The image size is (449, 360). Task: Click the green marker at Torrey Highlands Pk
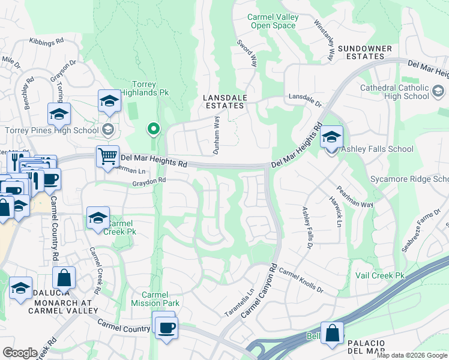pyautogui.click(x=154, y=128)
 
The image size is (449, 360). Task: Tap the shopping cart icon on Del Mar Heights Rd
pyautogui.click(x=107, y=157)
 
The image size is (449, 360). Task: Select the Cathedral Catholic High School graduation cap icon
pyautogui.click(x=438, y=92)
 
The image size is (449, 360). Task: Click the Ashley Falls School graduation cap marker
pyautogui.click(x=331, y=136)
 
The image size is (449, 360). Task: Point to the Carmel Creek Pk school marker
pyautogui.click(x=98, y=218)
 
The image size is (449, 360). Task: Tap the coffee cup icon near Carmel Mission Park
pyautogui.click(x=165, y=327)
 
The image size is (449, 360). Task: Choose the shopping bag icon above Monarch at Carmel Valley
pyautogui.click(x=64, y=278)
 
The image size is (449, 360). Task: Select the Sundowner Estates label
pyautogui.click(x=365, y=52)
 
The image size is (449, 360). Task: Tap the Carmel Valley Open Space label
pyautogui.click(x=273, y=22)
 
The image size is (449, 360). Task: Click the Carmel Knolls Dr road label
pyautogui.click(x=301, y=280)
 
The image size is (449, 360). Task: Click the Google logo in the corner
pyautogui.click(x=20, y=352)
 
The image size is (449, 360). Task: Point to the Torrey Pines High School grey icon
pyautogui.click(x=108, y=129)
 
